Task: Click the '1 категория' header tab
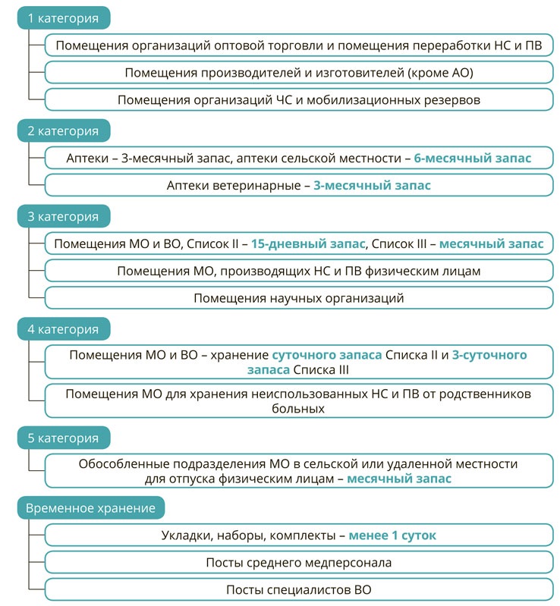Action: click(x=64, y=18)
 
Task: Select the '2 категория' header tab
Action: click(x=64, y=131)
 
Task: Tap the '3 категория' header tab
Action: click(x=64, y=217)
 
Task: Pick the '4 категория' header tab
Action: click(x=64, y=329)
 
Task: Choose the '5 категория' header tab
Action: click(x=64, y=438)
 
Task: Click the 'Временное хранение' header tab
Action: click(x=91, y=507)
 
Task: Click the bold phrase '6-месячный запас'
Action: click(x=473, y=159)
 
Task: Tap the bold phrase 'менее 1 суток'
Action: click(x=392, y=535)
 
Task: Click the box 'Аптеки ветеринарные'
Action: click(x=299, y=186)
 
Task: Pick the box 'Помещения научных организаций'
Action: click(x=299, y=298)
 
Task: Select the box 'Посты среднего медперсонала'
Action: click(x=299, y=563)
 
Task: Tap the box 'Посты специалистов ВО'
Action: click(x=299, y=590)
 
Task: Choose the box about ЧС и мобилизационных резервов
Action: click(x=299, y=99)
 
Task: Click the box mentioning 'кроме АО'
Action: click(x=299, y=73)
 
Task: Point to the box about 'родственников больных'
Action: click(x=299, y=401)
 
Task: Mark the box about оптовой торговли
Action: click(x=299, y=46)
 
